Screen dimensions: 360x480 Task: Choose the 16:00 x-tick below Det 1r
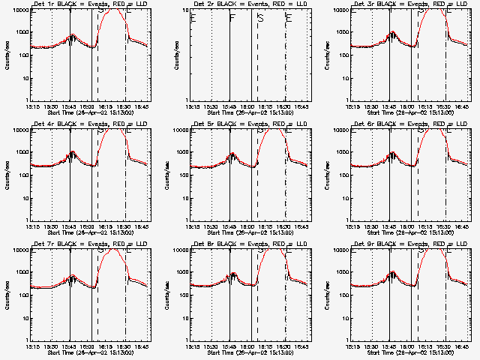(90, 107)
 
